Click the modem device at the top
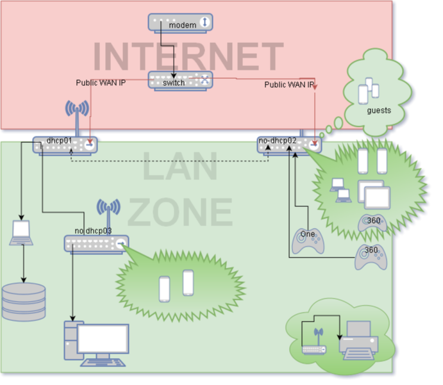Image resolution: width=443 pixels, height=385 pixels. [x=180, y=23]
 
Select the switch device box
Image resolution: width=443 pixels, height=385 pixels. [x=180, y=81]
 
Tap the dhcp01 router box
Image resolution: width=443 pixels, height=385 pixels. [x=65, y=145]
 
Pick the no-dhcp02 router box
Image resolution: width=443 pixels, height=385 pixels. [x=289, y=145]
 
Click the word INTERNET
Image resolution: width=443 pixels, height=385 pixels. [x=188, y=56]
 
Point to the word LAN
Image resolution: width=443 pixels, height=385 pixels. [x=180, y=166]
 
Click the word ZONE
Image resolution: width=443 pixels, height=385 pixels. [x=180, y=212]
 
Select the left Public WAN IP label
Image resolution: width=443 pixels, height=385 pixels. [x=101, y=83]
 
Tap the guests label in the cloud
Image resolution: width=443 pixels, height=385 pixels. [x=379, y=110]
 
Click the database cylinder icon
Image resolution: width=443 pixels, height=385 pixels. [x=24, y=302]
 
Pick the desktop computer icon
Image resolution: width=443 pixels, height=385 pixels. [x=96, y=343]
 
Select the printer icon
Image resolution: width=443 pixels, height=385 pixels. [x=358, y=340]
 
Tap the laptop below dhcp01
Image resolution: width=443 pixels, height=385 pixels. [x=21, y=233]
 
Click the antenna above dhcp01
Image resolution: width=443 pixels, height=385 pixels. [x=77, y=117]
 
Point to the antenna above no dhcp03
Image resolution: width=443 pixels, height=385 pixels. [x=108, y=217]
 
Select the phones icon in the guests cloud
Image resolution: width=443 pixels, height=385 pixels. [x=369, y=90]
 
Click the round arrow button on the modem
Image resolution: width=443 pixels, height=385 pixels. [x=205, y=22]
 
